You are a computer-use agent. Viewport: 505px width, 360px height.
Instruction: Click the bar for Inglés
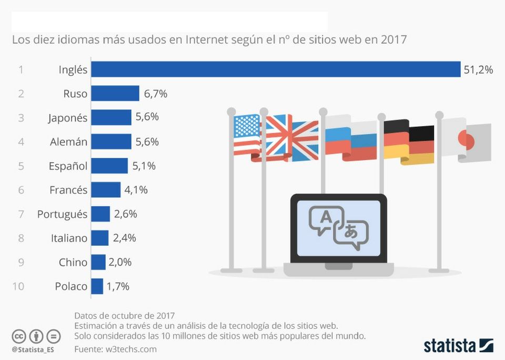coord(276,69)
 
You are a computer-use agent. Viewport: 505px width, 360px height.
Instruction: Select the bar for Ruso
coord(115,94)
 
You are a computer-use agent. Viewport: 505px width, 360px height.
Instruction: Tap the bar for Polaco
coord(97,286)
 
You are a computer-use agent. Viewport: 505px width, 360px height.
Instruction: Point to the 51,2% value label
coord(478,69)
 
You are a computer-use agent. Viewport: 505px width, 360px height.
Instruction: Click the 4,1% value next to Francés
coord(136,190)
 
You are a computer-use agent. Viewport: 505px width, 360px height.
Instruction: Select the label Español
coord(68,166)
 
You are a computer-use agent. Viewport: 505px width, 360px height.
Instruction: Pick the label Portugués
coord(62,214)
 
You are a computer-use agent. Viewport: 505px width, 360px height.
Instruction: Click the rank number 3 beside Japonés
coord(21,118)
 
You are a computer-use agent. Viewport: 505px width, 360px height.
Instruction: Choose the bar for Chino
coord(98,262)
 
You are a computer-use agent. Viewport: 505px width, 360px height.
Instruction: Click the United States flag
coord(247,135)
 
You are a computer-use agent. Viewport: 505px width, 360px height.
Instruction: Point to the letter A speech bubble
coord(326,219)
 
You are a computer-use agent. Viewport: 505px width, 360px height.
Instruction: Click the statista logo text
coord(450,346)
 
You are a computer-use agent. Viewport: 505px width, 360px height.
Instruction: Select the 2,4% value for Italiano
coord(125,238)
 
